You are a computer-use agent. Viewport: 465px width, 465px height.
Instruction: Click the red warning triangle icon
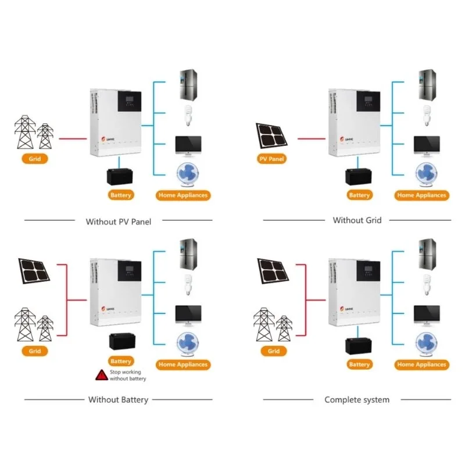point(101,375)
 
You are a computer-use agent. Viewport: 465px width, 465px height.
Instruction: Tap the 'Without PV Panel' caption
point(118,221)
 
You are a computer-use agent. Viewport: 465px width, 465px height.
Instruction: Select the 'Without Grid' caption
point(357,220)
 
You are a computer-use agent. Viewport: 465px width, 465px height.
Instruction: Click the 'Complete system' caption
point(357,399)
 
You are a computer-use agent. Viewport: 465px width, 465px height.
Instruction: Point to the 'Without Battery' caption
point(118,399)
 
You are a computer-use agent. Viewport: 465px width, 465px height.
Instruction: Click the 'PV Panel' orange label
point(272,158)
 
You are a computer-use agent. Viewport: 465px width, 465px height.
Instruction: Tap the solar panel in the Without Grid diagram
point(272,135)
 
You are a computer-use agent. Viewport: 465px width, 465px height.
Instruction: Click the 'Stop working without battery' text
point(128,375)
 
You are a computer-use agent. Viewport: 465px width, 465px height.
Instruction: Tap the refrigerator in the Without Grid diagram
point(427,84)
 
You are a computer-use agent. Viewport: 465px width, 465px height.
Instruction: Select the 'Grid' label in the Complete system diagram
point(274,351)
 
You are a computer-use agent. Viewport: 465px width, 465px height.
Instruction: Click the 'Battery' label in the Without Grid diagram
point(359,195)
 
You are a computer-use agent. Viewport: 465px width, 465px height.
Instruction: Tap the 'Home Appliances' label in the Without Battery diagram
point(183,364)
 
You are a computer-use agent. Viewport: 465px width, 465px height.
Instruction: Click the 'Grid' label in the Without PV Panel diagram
point(34,158)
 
